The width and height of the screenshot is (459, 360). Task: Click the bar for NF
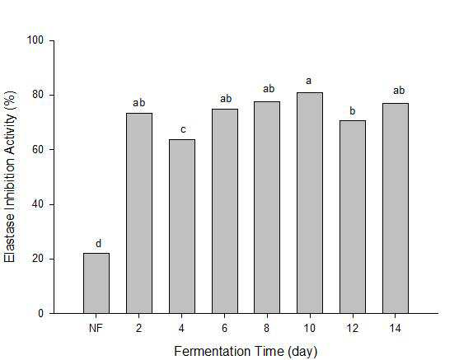[96, 283]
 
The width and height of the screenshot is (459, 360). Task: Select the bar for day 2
[139, 213]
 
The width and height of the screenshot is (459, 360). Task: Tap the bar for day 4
[182, 227]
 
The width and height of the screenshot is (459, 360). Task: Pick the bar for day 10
[310, 203]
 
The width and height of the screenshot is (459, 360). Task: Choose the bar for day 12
[353, 217]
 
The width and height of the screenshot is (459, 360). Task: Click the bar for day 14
[396, 208]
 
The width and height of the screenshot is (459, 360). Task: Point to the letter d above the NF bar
[99, 243]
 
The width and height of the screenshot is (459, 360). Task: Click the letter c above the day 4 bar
[183, 129]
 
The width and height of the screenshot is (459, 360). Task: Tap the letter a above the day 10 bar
[308, 81]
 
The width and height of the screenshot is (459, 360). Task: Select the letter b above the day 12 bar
[353, 110]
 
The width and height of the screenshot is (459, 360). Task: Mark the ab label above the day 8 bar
[269, 88]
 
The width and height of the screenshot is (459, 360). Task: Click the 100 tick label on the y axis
[35, 40]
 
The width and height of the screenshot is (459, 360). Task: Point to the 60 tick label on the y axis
[38, 149]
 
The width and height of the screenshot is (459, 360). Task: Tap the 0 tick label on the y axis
[40, 314]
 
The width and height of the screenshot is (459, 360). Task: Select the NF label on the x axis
[96, 328]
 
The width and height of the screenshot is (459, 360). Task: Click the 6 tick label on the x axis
[224, 328]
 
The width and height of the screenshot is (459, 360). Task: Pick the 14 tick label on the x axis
[396, 328]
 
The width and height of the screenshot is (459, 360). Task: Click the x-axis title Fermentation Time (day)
[246, 351]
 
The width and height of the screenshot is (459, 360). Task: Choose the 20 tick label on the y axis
[38, 259]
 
